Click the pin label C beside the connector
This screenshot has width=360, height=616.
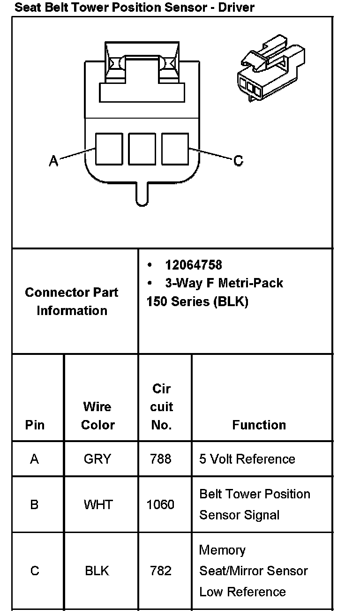pos(238,161)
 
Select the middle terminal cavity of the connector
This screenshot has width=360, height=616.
pos(142,149)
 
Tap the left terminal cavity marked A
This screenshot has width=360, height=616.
pos(109,149)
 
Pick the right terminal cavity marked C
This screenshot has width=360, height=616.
pos(175,149)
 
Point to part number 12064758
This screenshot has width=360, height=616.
pos(194,265)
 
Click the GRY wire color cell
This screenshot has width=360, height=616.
pos(97,459)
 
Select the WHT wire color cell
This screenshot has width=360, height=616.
pos(98,504)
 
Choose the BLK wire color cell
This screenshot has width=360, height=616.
pos(97,571)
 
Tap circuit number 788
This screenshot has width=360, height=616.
pos(160,459)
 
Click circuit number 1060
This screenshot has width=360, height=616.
pos(160,504)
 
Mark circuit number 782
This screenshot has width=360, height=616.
pos(160,571)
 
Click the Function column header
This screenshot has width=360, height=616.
pos(259,425)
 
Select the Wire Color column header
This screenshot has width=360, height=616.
pos(97,415)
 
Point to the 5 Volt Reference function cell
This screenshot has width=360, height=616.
pos(247,459)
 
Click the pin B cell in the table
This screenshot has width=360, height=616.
pos(34,504)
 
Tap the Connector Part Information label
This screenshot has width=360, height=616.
pos(72,301)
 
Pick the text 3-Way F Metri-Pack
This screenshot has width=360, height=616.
pos(224,283)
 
